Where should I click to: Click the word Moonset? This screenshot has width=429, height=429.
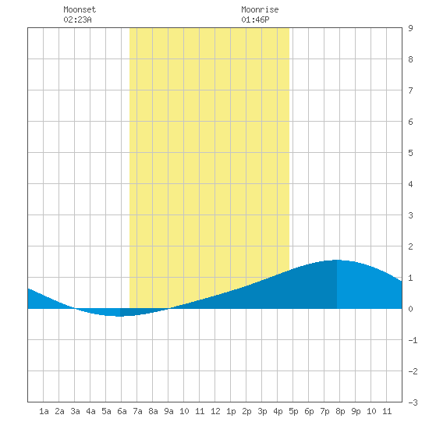pyautogui.click(x=80, y=9)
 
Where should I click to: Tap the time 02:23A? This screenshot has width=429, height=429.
pyautogui.click(x=77, y=19)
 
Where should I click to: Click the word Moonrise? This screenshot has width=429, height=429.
pyautogui.click(x=260, y=9)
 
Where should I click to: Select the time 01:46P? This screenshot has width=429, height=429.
pyautogui.click(x=255, y=19)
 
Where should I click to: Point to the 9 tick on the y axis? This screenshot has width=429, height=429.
pyautogui.click(x=410, y=28)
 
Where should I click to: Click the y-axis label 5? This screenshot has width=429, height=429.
pyautogui.click(x=410, y=153)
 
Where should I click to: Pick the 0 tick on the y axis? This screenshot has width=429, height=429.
pyautogui.click(x=410, y=309)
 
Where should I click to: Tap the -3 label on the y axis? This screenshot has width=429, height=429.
pyautogui.click(x=413, y=402)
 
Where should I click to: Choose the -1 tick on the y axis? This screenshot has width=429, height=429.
pyautogui.click(x=413, y=340)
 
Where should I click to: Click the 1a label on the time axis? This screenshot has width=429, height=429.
pyautogui.click(x=44, y=411)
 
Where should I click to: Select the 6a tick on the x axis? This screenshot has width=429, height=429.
pyautogui.click(x=122, y=411)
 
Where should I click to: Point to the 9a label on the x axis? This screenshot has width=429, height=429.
pyautogui.click(x=168, y=411)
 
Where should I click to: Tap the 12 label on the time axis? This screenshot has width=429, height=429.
pyautogui.click(x=215, y=411)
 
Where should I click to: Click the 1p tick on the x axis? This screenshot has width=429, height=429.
pyautogui.click(x=231, y=411)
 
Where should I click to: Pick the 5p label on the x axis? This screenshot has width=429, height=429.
pyautogui.click(x=293, y=411)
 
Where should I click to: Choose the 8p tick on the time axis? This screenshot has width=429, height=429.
pyautogui.click(x=340, y=411)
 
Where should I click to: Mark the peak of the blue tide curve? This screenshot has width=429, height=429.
pyautogui.click(x=337, y=260)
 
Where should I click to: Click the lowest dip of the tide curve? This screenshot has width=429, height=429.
pyautogui.click(x=120, y=316)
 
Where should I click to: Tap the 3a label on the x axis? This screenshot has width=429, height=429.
pyautogui.click(x=75, y=411)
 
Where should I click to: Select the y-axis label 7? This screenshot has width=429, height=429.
pyautogui.click(x=410, y=90)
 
